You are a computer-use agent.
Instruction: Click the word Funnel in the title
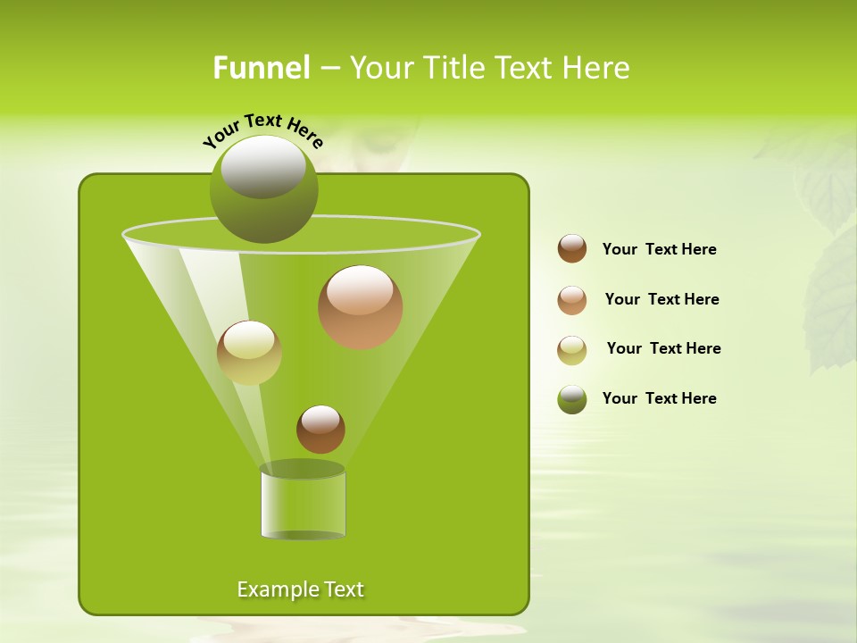(262, 68)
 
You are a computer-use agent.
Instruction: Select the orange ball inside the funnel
(360, 308)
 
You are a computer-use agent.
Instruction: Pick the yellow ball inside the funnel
(249, 353)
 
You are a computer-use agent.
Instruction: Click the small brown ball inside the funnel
(320, 430)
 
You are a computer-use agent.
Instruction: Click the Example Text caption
(300, 589)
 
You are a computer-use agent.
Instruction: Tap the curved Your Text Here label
(262, 130)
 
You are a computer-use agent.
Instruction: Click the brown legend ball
(572, 249)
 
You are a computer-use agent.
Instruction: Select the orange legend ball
(572, 300)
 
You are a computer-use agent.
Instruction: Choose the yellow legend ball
(572, 350)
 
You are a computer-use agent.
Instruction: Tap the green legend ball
(572, 399)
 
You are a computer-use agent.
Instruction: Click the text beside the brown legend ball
(659, 249)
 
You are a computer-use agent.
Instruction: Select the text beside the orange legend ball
(661, 299)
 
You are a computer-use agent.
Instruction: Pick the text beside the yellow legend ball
(663, 348)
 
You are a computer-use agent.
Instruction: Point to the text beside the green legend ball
(659, 398)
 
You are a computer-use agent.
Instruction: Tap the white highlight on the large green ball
(262, 167)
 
